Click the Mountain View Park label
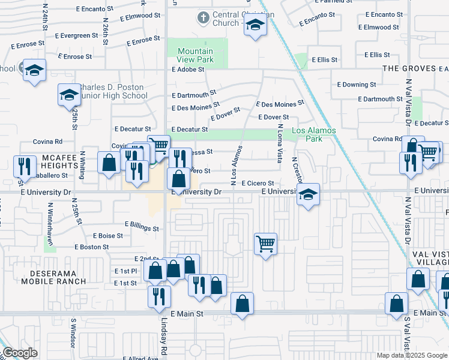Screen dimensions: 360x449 point(196,56)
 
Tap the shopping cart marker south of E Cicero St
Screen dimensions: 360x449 point(265,244)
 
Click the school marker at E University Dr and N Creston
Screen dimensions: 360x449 point(308,195)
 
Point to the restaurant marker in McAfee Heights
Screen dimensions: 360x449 point(23,164)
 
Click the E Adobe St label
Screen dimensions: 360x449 point(188,69)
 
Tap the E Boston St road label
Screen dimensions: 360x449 point(91,247)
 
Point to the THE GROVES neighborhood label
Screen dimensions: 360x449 point(410,68)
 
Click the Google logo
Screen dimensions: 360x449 point(20,353)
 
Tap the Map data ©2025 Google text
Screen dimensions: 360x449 point(411,355)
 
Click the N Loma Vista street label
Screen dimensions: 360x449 point(279,144)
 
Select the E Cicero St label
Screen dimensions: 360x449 point(258,183)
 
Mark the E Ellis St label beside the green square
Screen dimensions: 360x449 point(328,60)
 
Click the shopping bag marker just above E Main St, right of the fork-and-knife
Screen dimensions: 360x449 point(242,304)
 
